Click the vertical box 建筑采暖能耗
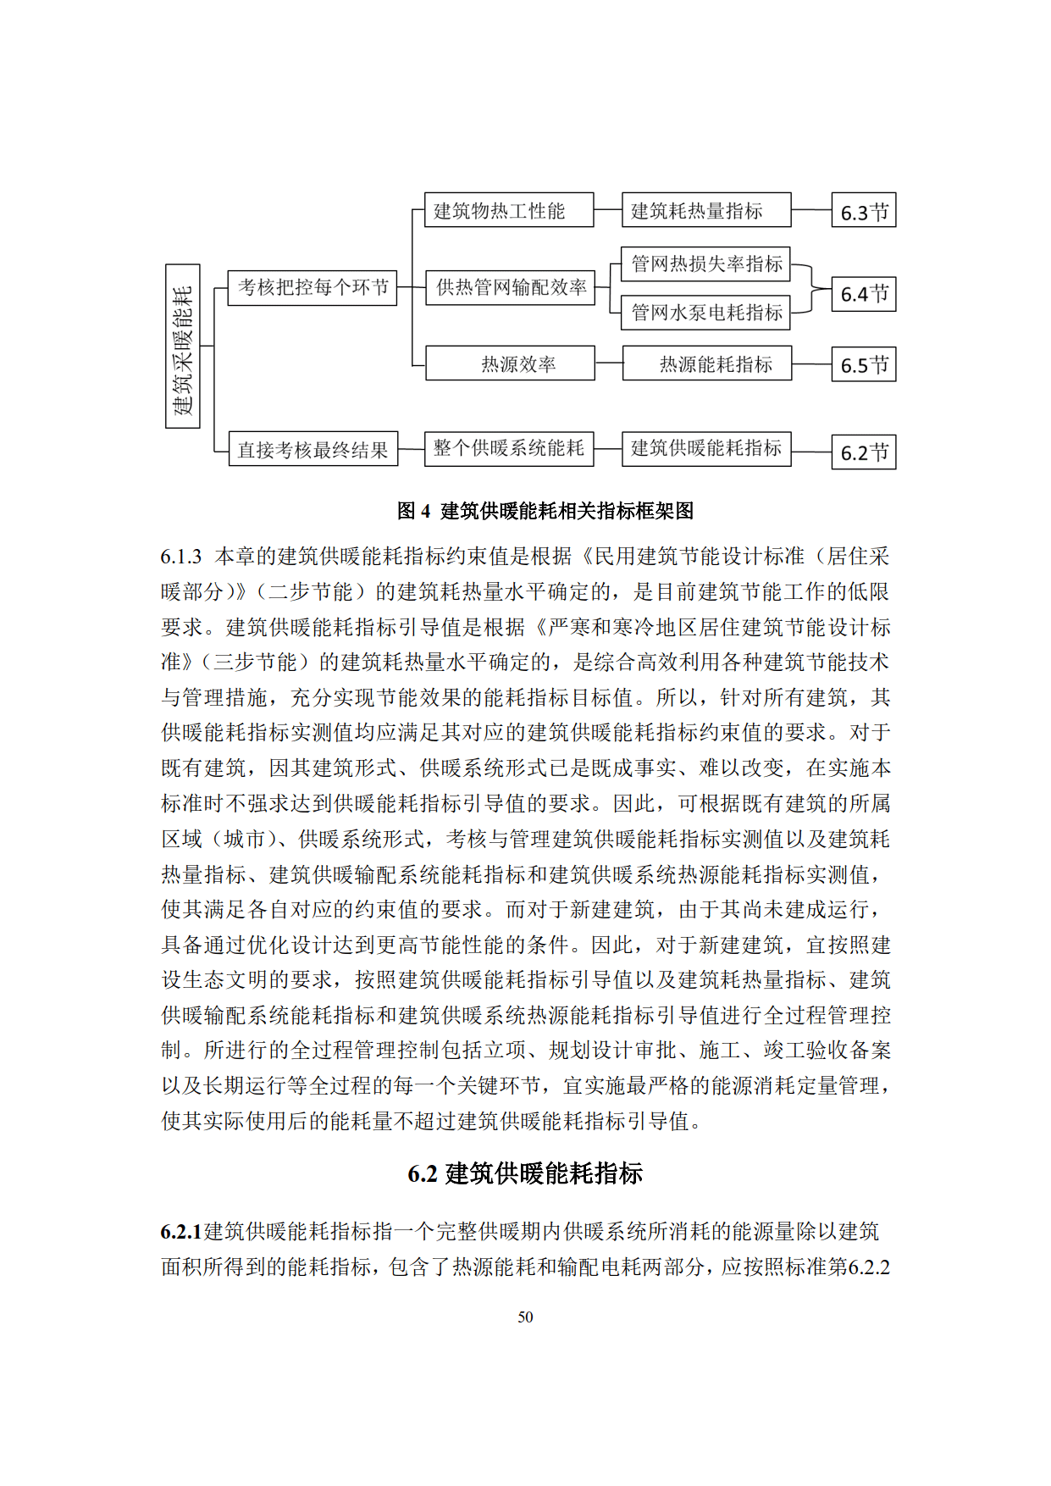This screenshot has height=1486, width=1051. point(183,347)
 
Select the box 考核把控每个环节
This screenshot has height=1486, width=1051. point(313,288)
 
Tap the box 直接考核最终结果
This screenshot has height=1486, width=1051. point(313,449)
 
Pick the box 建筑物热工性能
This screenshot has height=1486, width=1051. point(509,210)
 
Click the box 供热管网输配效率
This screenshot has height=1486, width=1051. point(511,287)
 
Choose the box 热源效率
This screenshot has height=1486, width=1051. point(511,363)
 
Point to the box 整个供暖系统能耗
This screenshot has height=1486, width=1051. point(509,448)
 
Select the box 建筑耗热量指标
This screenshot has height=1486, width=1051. point(706,210)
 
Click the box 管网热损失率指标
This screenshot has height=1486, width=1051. point(706,263)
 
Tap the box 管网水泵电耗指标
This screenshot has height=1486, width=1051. point(706,313)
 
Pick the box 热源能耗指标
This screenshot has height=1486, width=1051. point(707,363)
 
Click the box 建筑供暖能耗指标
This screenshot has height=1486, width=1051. point(706,448)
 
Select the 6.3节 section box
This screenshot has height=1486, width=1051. point(864,211)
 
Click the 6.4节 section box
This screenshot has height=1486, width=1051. point(864,294)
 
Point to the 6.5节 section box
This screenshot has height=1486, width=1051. point(864,364)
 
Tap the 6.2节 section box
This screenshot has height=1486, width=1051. point(864,452)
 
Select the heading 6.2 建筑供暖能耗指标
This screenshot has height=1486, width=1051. point(525,1173)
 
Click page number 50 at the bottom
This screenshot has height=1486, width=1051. point(525,1317)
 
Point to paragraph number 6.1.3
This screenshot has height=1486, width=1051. point(181,557)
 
